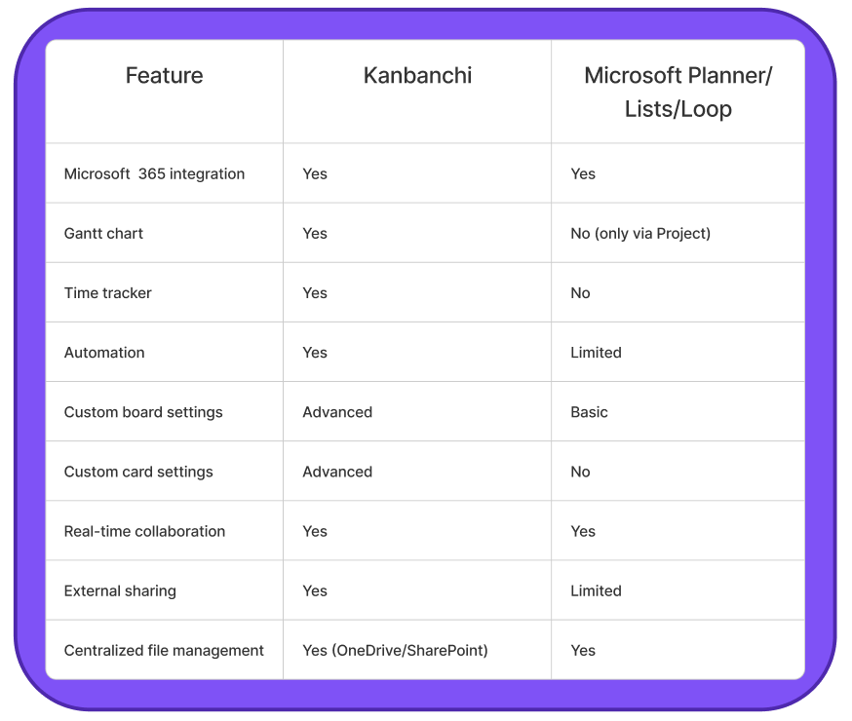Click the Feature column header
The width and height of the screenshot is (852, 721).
(x=164, y=75)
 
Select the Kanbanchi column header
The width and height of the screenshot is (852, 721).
(x=417, y=75)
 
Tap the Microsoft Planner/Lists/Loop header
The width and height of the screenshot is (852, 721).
(x=678, y=93)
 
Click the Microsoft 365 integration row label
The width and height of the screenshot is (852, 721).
(x=154, y=173)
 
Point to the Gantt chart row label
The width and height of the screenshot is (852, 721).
(x=103, y=234)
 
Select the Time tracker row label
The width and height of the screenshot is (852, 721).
(x=107, y=293)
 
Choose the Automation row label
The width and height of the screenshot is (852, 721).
(x=104, y=353)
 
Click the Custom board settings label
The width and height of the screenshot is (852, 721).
(x=143, y=412)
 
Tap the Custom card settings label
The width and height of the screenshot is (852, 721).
(x=138, y=472)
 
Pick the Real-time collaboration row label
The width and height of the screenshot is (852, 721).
(x=144, y=532)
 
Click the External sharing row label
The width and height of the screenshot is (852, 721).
(x=120, y=591)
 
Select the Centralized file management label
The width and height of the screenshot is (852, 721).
(x=164, y=651)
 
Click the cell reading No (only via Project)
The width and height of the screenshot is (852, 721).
(x=640, y=234)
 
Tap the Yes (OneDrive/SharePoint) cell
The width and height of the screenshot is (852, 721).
(x=395, y=651)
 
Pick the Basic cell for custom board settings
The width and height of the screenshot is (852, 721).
(x=589, y=412)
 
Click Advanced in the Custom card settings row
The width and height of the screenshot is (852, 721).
(x=337, y=472)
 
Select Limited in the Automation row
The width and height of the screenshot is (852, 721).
(x=596, y=353)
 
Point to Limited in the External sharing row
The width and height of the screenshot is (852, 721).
(x=596, y=591)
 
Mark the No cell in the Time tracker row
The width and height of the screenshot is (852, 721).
(x=580, y=293)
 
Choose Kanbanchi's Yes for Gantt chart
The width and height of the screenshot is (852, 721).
(x=315, y=234)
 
